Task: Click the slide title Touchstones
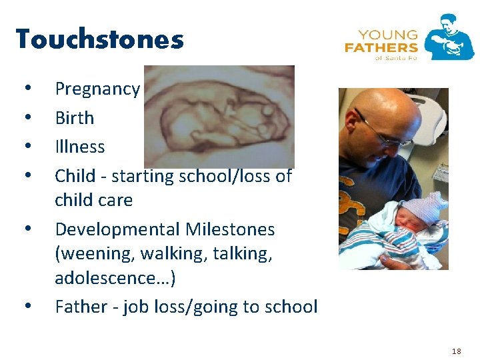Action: click(99, 39)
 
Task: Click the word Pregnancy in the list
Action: click(97, 89)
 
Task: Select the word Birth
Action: click(74, 118)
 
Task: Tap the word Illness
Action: click(79, 147)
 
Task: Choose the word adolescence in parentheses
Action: click(111, 277)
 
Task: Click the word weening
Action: click(93, 254)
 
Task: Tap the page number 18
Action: click(456, 351)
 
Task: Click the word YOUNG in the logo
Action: click(387, 35)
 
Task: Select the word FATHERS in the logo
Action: click(381, 47)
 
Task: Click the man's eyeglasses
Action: click(383, 133)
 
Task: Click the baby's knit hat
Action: click(425, 203)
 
